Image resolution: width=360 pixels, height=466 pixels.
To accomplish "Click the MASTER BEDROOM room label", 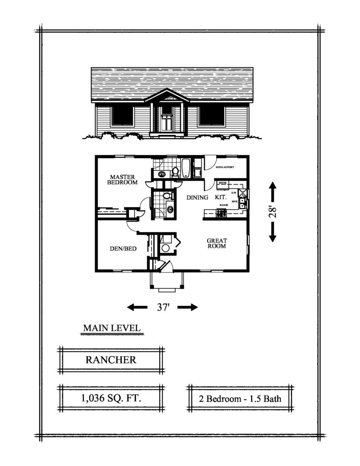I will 122,179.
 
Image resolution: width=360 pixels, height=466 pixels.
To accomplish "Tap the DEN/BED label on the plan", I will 121,248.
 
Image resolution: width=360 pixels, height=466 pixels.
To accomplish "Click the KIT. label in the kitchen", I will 222,198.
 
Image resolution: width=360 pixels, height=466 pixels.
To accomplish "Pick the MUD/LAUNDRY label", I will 225,167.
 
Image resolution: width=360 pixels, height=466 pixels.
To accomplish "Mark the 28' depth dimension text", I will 272,212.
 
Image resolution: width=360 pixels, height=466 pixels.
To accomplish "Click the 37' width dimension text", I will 163,307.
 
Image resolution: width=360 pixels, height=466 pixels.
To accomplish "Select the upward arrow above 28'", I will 272,190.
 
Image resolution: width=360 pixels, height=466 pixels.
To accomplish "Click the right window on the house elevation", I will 212,116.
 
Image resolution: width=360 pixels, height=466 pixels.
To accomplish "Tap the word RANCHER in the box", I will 111,360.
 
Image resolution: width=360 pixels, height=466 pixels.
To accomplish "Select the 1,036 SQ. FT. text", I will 111,398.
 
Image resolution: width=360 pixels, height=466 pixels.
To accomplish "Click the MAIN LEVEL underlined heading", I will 112,328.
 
